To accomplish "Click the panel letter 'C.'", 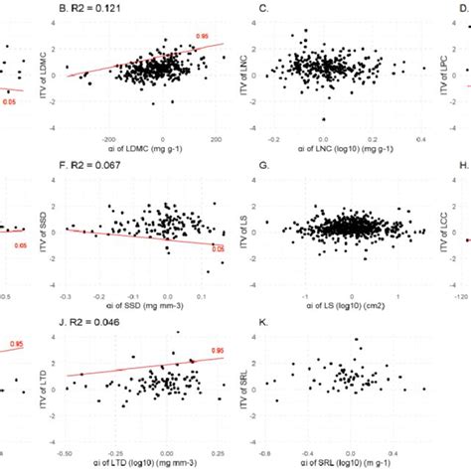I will pyautogui.click(x=262, y=11).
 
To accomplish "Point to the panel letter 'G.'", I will pyautogui.click(x=263, y=166).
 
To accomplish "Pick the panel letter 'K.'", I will pyautogui.click(x=262, y=321).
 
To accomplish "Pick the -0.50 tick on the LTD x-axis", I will pyautogui.click(x=66, y=450).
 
